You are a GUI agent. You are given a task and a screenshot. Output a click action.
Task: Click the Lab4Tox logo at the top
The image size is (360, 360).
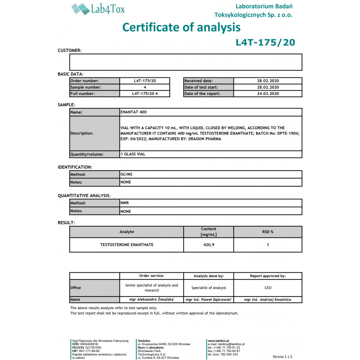(x=98, y=9)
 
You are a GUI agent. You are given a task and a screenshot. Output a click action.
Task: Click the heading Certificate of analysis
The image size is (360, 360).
(x=181, y=27)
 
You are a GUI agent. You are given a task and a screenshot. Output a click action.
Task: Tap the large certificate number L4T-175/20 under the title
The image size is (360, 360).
(x=265, y=42)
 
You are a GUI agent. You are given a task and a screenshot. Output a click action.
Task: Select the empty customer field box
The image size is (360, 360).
(x=185, y=62)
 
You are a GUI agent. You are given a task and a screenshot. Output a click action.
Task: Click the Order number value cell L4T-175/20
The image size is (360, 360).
(x=145, y=81)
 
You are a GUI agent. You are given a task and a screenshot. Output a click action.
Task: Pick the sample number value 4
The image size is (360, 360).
(x=145, y=87)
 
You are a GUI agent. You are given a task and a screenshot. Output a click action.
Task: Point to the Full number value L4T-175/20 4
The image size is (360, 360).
(x=145, y=94)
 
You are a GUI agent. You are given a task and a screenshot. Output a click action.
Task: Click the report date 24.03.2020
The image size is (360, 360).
(x=268, y=94)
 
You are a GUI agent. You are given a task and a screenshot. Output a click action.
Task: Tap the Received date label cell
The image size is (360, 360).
(x=208, y=81)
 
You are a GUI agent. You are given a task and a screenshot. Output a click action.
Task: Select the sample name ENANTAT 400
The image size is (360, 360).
(x=134, y=112)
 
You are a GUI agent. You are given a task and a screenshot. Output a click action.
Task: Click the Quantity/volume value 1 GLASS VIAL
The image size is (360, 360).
(x=133, y=154)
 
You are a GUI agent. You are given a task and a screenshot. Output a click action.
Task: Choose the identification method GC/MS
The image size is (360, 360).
(x=127, y=174)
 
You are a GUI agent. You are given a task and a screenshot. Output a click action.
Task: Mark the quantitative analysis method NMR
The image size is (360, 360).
(x=125, y=203)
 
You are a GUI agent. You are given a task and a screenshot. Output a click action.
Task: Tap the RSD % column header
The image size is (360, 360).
(x=268, y=232)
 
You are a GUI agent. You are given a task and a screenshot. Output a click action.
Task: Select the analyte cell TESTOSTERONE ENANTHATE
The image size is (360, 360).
(x=126, y=244)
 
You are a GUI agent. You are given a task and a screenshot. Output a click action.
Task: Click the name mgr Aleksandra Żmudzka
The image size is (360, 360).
(x=152, y=299)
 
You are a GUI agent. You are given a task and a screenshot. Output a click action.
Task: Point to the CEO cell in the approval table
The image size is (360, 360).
(x=268, y=288)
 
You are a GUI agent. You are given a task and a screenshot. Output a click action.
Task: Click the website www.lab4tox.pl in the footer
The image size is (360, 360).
(x=219, y=341)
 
